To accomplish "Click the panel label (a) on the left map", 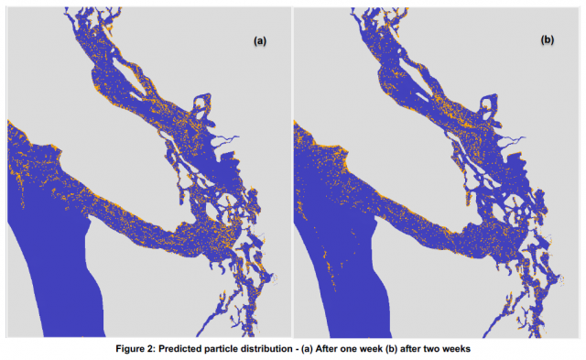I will pyautogui.click(x=260, y=41).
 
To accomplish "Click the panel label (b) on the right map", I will pyautogui.click(x=548, y=41).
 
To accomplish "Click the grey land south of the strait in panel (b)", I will pyautogui.click(x=430, y=293).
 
